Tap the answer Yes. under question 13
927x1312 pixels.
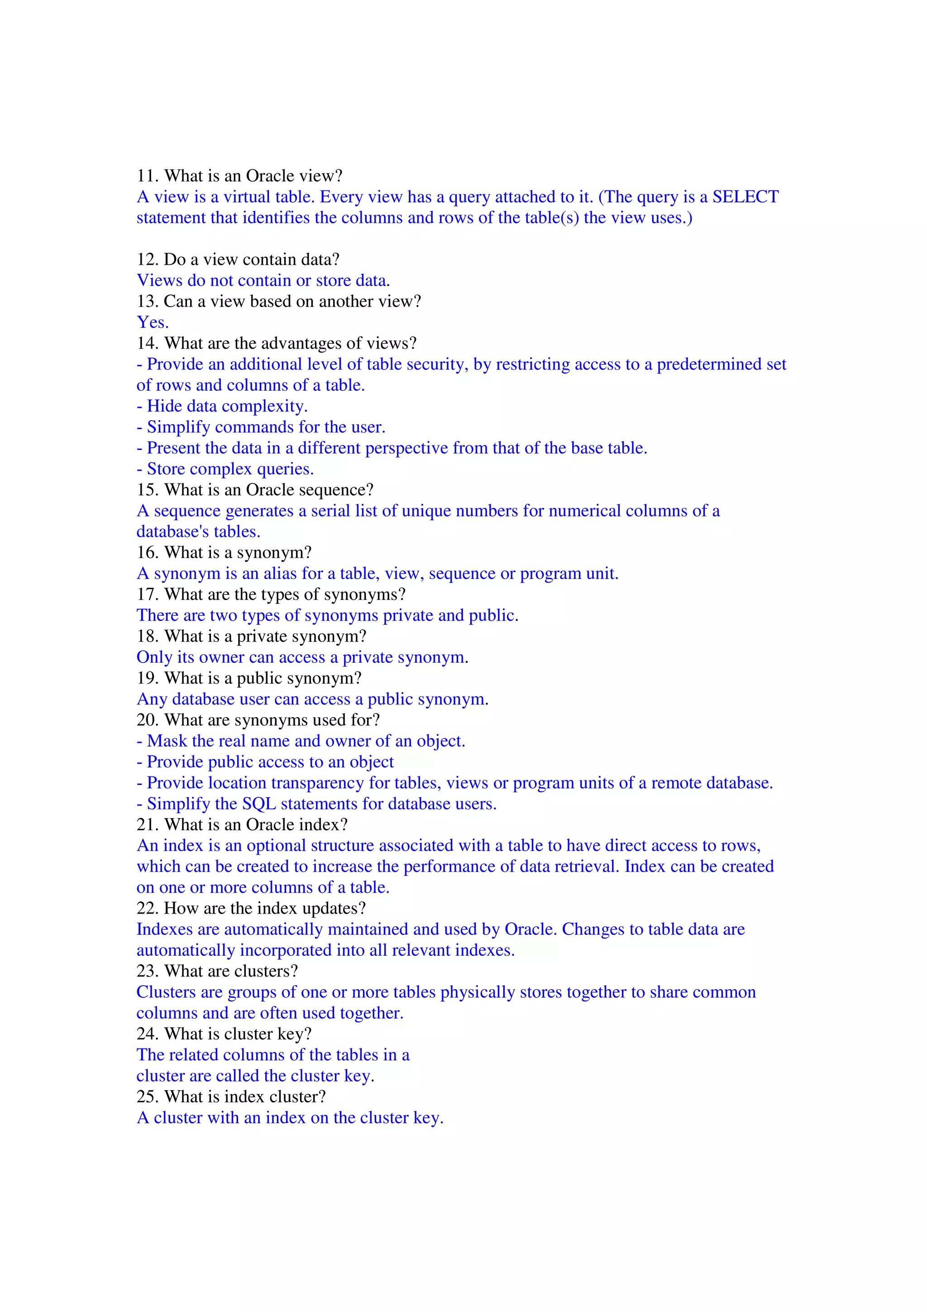point(153,323)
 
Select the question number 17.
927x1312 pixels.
point(147,595)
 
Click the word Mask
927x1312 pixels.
point(167,741)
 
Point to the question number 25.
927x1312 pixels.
point(147,1097)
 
